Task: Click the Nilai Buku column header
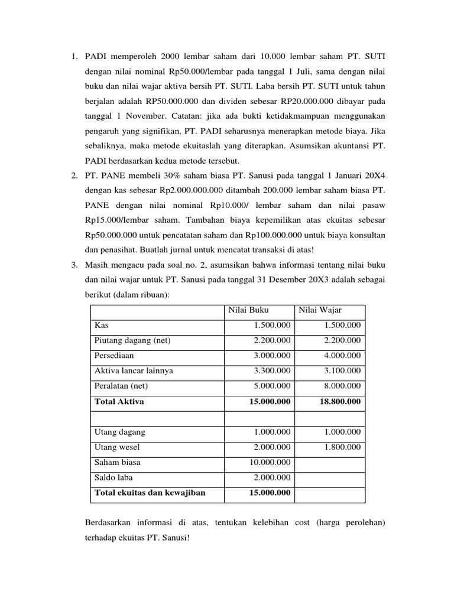click(244, 310)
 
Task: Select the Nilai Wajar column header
click(320, 310)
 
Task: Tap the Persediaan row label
click(114, 356)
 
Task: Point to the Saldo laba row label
click(114, 477)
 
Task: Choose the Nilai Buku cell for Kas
click(272, 326)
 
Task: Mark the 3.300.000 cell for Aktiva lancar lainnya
click(272, 371)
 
